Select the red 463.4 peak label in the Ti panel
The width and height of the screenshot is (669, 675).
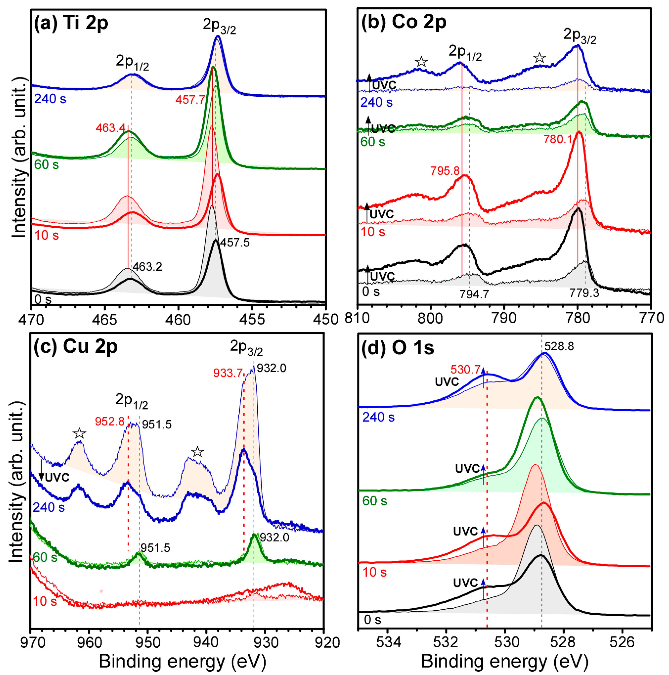point(110,128)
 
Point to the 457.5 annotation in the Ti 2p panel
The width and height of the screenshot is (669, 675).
point(235,242)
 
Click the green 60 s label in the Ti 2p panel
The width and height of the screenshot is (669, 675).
point(46,164)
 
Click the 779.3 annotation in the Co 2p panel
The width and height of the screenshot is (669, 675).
point(584,293)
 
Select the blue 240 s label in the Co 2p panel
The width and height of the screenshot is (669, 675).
point(376,102)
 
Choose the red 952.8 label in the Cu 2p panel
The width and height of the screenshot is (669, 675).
point(110,421)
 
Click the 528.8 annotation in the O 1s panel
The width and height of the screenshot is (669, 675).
point(559,347)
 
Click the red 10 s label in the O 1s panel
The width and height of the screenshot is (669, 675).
point(374,572)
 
